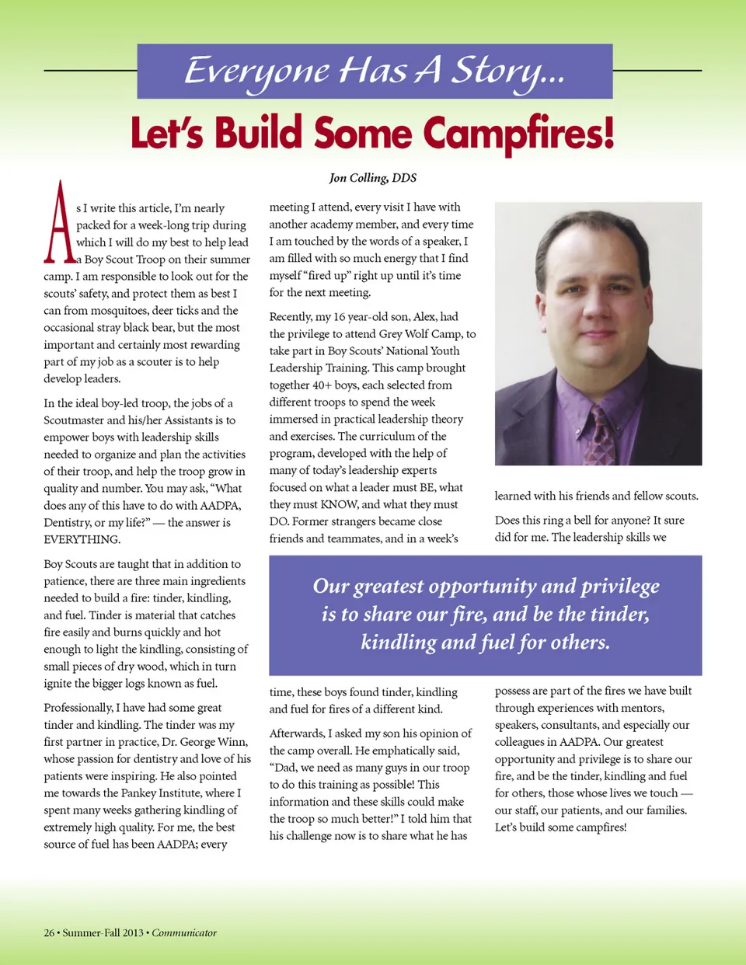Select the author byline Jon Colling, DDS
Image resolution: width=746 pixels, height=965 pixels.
coord(372,178)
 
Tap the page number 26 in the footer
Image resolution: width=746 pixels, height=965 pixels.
coord(49,932)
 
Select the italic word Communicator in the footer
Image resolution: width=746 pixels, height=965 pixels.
coord(184,932)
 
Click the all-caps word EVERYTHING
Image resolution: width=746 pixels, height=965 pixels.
coord(82,539)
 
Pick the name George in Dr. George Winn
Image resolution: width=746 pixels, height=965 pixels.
coord(188,741)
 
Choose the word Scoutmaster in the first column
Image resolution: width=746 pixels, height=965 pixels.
coord(74,420)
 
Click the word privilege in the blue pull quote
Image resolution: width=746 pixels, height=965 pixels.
coord(620,587)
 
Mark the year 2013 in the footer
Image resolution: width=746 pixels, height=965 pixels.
coord(132,932)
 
